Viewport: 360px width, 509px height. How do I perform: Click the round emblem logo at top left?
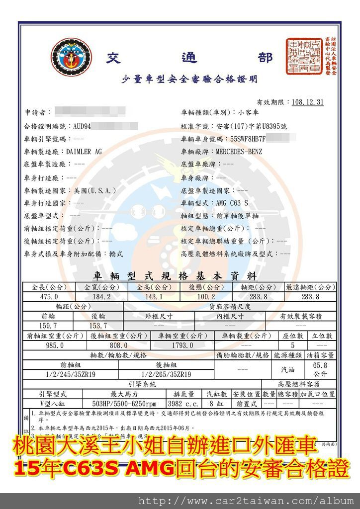tap(71, 60)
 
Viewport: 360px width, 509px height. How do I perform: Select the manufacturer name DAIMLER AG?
tap(84, 151)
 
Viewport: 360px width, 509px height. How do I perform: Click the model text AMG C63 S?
tap(232, 203)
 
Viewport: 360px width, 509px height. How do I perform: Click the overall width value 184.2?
tap(101, 297)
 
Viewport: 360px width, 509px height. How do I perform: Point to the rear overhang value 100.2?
tap(205, 297)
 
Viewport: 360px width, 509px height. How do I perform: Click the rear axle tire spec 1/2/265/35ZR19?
tap(166, 374)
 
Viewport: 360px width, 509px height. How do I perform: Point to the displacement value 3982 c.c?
tap(184, 403)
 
